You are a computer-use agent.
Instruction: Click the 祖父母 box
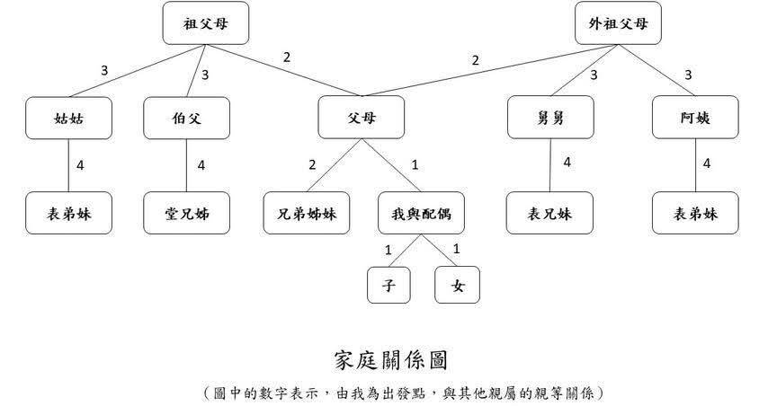(205, 23)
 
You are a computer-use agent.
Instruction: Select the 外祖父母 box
(618, 23)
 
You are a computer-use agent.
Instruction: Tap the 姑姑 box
(69, 118)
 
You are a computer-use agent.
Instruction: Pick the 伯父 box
(186, 118)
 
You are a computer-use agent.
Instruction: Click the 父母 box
(362, 118)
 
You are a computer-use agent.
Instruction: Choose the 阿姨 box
(695, 118)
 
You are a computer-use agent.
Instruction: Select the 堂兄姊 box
(186, 214)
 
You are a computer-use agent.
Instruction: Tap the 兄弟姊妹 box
(306, 214)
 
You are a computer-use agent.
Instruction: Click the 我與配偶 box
(421, 214)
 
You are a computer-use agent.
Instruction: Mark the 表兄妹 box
(549, 214)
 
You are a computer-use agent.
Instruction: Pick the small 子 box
(388, 286)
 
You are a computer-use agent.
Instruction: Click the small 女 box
(457, 286)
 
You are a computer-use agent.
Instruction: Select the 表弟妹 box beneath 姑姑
(69, 214)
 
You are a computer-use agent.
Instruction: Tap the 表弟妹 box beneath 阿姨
(695, 214)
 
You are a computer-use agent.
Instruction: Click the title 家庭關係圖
(388, 360)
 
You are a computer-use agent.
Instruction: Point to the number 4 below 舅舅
(567, 163)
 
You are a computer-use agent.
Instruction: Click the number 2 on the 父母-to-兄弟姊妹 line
(312, 165)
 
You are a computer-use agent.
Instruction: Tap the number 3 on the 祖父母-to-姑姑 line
(104, 70)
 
